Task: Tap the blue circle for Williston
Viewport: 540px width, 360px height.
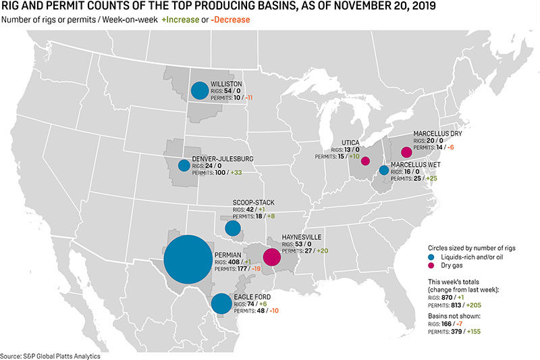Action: coord(199,91)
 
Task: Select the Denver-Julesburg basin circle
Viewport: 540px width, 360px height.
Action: coord(184,165)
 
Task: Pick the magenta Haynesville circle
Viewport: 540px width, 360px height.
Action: coord(271,257)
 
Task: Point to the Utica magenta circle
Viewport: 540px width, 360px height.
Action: coord(365,161)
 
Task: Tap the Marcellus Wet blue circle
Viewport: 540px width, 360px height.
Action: coord(384,170)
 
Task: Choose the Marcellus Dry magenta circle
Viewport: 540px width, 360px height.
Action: coord(406,152)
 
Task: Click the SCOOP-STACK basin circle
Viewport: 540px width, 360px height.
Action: coord(233,228)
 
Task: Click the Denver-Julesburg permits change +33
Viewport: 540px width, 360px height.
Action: coord(236,172)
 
